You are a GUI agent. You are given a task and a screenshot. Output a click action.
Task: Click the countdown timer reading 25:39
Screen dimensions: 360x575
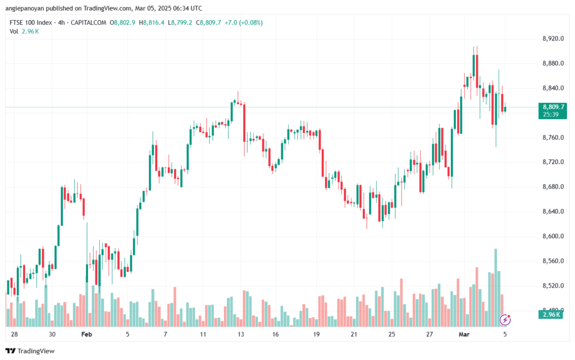point(550,114)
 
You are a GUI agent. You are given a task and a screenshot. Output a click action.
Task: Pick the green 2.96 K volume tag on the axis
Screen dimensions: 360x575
point(550,315)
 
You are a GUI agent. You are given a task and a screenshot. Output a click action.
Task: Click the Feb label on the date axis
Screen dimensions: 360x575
point(86,334)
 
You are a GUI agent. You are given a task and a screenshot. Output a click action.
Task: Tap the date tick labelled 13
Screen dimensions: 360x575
point(240,334)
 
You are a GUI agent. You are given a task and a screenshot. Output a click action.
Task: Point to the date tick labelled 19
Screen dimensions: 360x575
point(317,334)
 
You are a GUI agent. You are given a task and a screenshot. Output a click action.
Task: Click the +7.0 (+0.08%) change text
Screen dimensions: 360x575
point(243,22)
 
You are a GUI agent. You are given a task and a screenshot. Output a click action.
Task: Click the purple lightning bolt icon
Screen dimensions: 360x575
point(505,320)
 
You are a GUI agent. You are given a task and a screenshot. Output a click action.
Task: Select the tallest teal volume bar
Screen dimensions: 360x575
point(496,287)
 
